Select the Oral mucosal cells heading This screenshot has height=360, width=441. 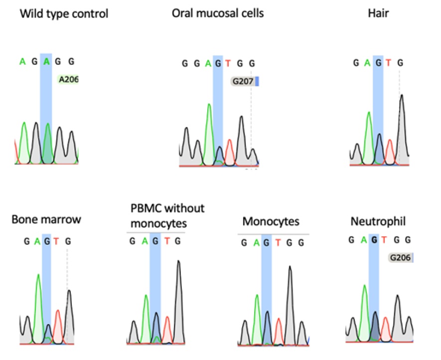point(217,13)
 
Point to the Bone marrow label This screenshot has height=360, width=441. point(46,219)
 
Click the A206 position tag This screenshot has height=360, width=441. point(68,79)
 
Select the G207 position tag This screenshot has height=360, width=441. point(242,81)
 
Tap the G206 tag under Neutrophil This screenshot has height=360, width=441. point(401,258)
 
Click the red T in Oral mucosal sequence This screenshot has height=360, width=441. point(228,63)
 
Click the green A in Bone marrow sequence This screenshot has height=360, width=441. point(37,242)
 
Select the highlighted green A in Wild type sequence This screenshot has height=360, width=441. point(46,61)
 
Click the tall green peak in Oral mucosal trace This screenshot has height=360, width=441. point(208,130)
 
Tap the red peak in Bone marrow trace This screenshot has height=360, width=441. point(58,324)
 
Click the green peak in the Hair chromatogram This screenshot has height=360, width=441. point(369,135)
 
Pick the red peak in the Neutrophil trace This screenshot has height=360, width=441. point(385,327)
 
